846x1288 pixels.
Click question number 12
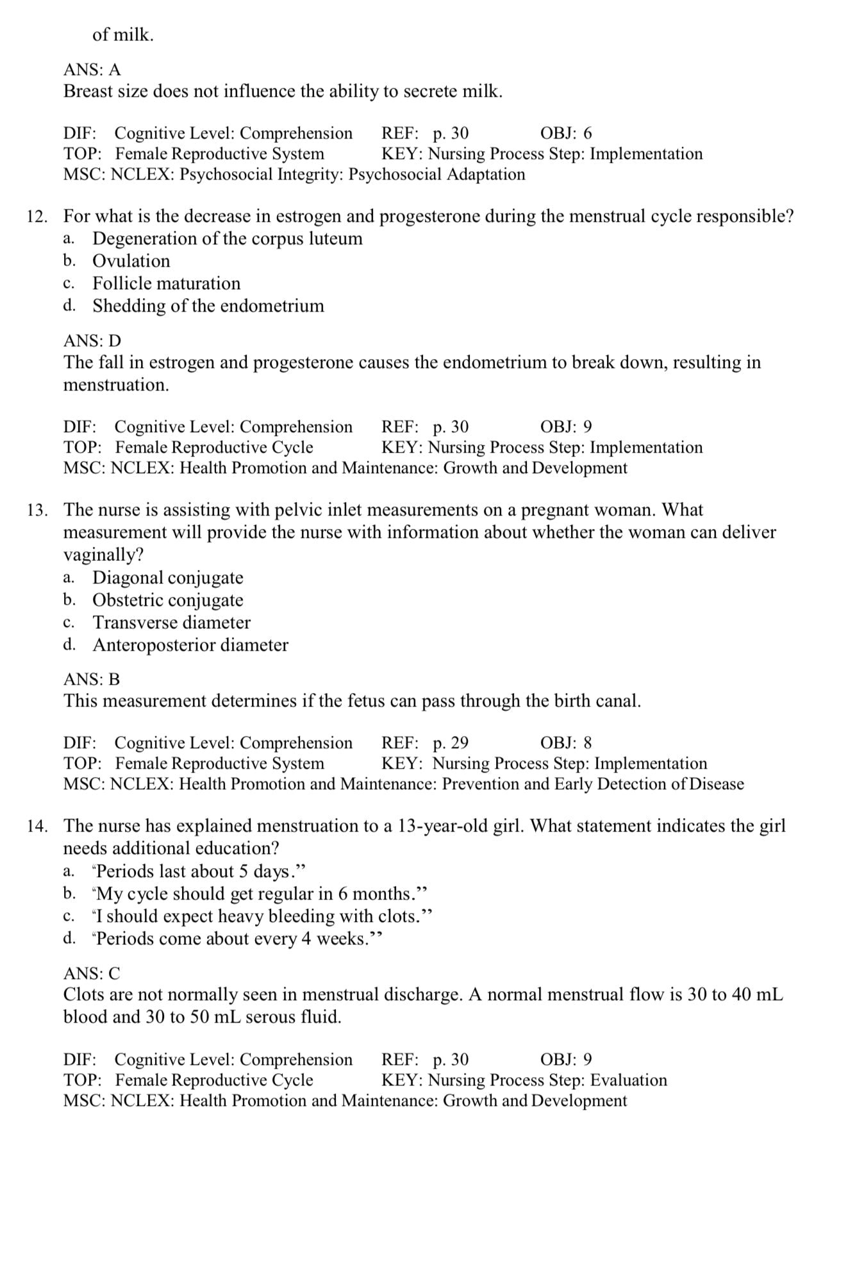[x=37, y=217]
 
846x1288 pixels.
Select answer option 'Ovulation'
[x=131, y=261]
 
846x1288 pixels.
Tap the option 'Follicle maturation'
[x=166, y=283]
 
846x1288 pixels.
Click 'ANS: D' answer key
[x=92, y=340]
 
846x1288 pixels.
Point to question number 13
[x=37, y=510]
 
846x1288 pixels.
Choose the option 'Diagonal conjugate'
[x=167, y=578]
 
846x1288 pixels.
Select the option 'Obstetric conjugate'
[x=167, y=600]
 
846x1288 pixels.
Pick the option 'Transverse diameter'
[x=171, y=623]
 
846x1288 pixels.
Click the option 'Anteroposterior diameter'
[x=190, y=645]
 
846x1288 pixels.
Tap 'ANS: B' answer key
[x=92, y=679]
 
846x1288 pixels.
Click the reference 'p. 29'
[x=451, y=743]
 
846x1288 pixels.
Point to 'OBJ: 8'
[x=566, y=743]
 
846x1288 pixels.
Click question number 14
[x=37, y=826]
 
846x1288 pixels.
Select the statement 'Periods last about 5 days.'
[x=199, y=872]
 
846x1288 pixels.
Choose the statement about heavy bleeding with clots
[x=262, y=917]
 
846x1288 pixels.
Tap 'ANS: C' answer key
[x=92, y=973]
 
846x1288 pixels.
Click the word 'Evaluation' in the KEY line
[x=628, y=1080]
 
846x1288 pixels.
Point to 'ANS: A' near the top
[x=92, y=69]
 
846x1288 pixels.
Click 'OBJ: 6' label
[x=566, y=133]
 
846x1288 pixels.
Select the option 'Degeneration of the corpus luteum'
[x=227, y=238]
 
